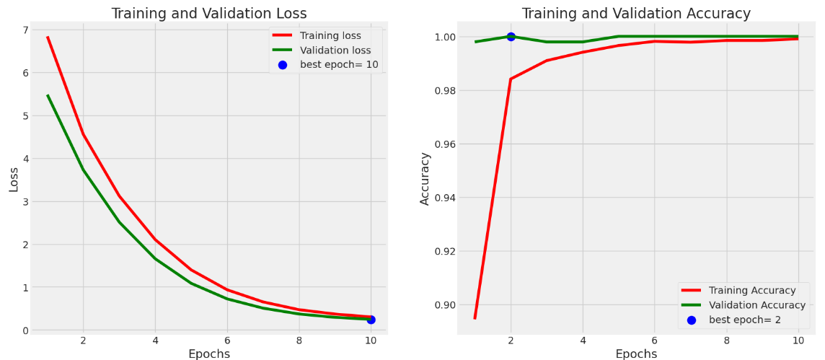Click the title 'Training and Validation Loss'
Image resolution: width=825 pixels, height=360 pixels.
click(x=208, y=13)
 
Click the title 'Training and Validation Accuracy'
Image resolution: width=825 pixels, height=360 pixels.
click(x=636, y=13)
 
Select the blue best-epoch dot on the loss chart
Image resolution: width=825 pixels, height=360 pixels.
click(x=371, y=320)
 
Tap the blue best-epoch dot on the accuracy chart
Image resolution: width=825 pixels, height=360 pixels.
click(x=511, y=37)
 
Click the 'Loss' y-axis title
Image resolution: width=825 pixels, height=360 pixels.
click(x=14, y=179)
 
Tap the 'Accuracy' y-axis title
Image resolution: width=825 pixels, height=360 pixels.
click(x=425, y=179)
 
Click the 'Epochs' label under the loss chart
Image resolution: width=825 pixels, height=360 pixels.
click(x=208, y=354)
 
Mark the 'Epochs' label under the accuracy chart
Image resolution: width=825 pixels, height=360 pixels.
click(x=636, y=354)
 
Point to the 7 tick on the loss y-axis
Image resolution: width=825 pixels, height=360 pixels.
click(x=26, y=30)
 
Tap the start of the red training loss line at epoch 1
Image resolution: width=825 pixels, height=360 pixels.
click(x=48, y=37)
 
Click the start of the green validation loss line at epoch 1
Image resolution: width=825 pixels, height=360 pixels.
click(x=48, y=95)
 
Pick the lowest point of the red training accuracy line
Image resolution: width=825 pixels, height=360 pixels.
click(x=475, y=318)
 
